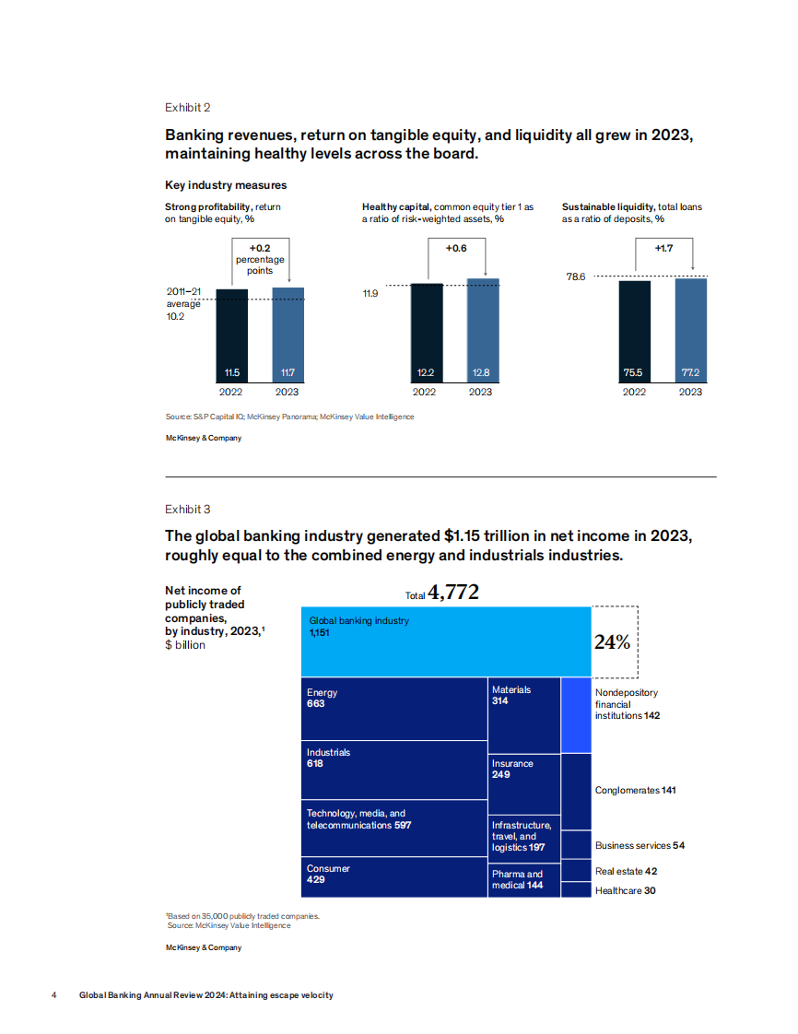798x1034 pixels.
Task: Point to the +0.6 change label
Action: [456, 249]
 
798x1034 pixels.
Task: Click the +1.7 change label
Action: [663, 249]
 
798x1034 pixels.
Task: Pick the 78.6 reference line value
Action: [576, 276]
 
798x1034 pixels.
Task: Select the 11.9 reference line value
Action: [370, 293]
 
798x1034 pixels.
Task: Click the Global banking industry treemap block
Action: [446, 641]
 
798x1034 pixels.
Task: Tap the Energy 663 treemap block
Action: [393, 709]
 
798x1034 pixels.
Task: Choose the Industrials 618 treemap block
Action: [393, 769]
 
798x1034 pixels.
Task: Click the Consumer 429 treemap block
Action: [393, 876]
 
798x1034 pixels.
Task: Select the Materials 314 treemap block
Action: [523, 715]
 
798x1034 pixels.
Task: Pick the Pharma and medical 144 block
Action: [523, 879]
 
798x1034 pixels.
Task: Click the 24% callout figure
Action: [612, 642]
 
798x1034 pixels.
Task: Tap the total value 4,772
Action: [453, 593]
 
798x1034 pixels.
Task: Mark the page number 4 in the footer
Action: [54, 995]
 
